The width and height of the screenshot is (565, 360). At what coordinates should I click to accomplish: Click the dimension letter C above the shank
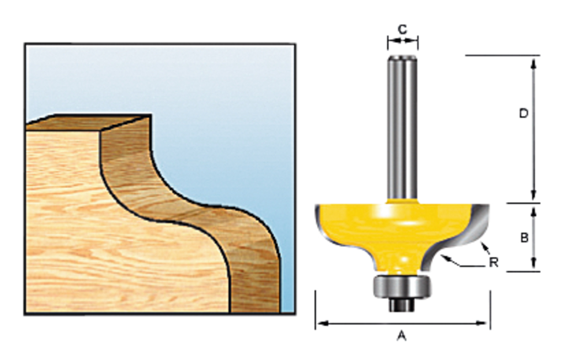click(x=403, y=29)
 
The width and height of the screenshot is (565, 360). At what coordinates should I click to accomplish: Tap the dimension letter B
click(x=524, y=238)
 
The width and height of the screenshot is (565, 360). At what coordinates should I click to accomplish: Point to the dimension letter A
click(x=402, y=335)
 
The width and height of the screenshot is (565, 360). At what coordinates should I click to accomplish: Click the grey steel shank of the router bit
click(x=402, y=127)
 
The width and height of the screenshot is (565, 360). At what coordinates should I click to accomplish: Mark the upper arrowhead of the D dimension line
click(x=534, y=61)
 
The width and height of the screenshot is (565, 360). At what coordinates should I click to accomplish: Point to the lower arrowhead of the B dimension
click(x=534, y=266)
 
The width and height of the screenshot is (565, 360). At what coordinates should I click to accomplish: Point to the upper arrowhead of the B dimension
click(x=534, y=209)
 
